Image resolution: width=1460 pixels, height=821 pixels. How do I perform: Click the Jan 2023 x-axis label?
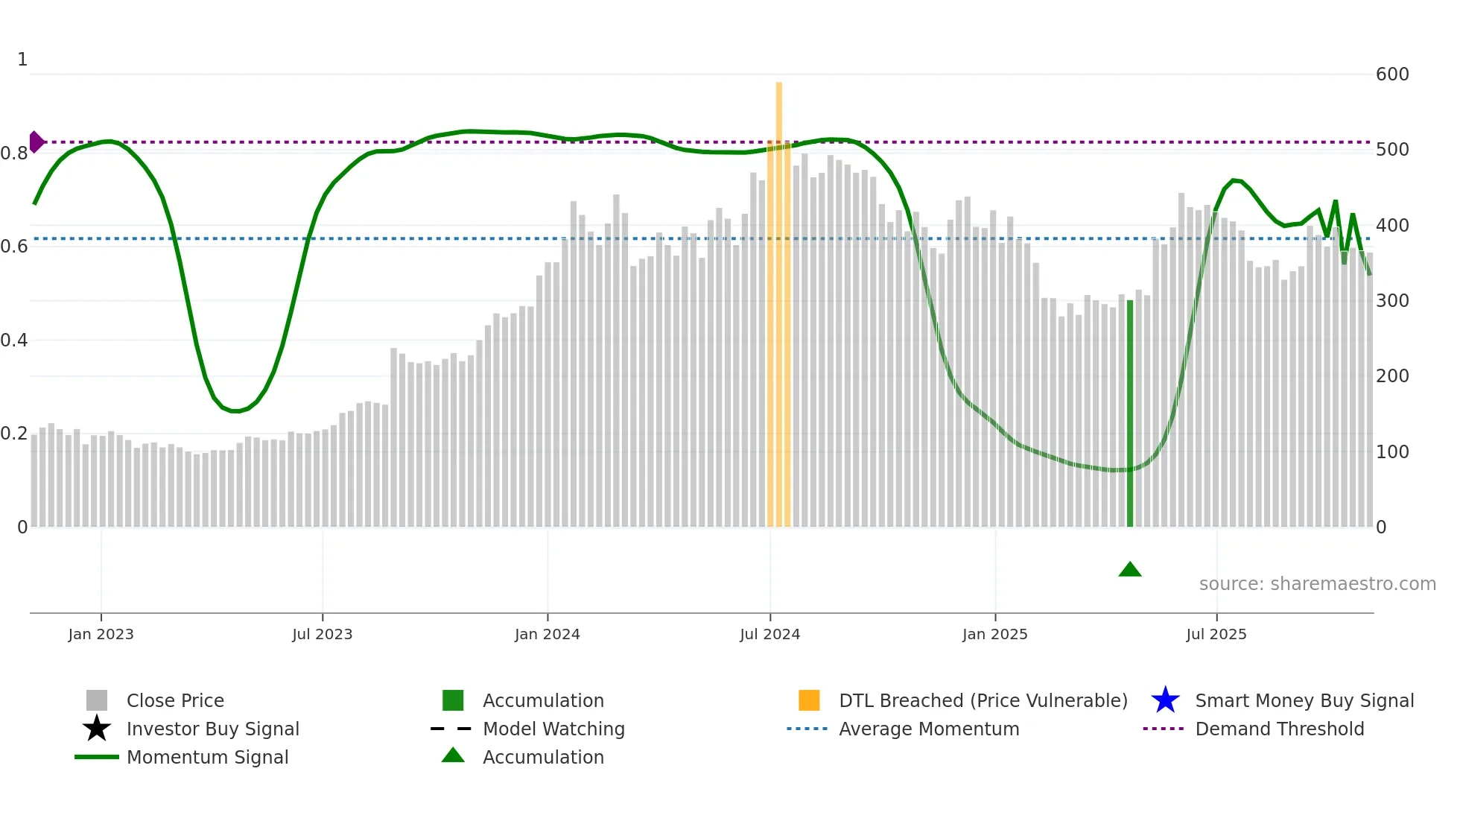click(x=101, y=634)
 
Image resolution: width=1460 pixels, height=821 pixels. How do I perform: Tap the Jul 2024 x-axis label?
click(x=769, y=634)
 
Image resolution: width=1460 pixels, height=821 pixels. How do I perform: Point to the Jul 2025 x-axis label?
click(x=1216, y=634)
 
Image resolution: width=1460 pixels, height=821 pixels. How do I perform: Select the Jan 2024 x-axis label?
click(x=547, y=634)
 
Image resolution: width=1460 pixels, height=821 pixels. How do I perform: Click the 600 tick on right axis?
click(x=1391, y=75)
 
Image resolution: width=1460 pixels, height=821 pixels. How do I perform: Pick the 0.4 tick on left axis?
click(x=14, y=340)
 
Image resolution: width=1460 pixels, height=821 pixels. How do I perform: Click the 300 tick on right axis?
click(x=1391, y=301)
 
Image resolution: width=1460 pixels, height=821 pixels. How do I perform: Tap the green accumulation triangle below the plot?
click(x=1129, y=570)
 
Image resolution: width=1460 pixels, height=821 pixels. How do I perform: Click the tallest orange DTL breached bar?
click(x=778, y=298)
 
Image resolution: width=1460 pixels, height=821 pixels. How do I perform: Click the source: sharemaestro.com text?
click(x=1317, y=584)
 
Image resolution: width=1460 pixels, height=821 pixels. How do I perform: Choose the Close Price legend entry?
click(x=175, y=700)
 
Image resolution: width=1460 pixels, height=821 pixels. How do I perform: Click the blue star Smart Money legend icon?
click(x=1165, y=700)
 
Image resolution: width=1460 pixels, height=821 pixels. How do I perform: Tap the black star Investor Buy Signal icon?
click(x=97, y=729)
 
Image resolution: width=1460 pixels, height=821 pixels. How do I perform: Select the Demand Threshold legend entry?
click(x=1279, y=729)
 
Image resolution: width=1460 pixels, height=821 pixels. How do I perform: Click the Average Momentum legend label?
click(x=928, y=729)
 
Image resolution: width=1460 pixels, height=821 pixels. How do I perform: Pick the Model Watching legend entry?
click(x=553, y=729)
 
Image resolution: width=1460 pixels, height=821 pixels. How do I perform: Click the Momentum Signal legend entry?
click(x=207, y=757)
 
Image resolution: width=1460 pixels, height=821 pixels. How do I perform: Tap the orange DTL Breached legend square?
click(x=809, y=700)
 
